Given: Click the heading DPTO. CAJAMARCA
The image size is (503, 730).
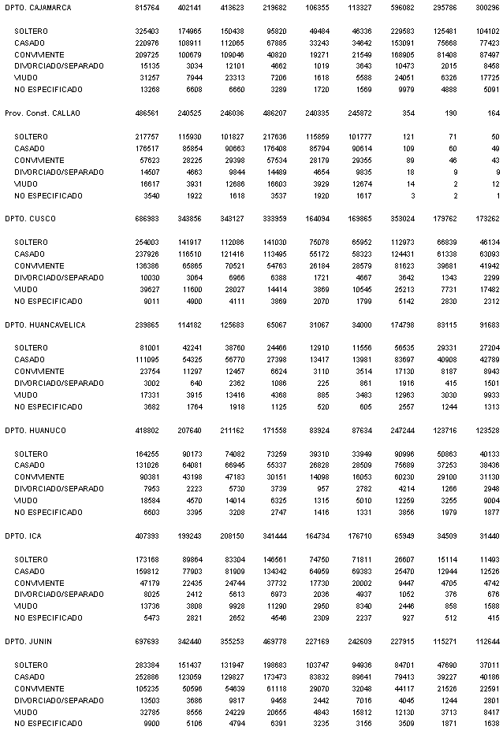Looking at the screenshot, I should (x=38, y=7).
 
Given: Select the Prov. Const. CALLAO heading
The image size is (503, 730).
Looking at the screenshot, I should (x=43, y=113).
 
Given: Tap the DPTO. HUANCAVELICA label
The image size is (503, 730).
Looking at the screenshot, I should (x=45, y=324).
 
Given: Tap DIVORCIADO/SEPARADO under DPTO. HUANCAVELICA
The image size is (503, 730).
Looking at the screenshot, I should (x=54, y=383).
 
